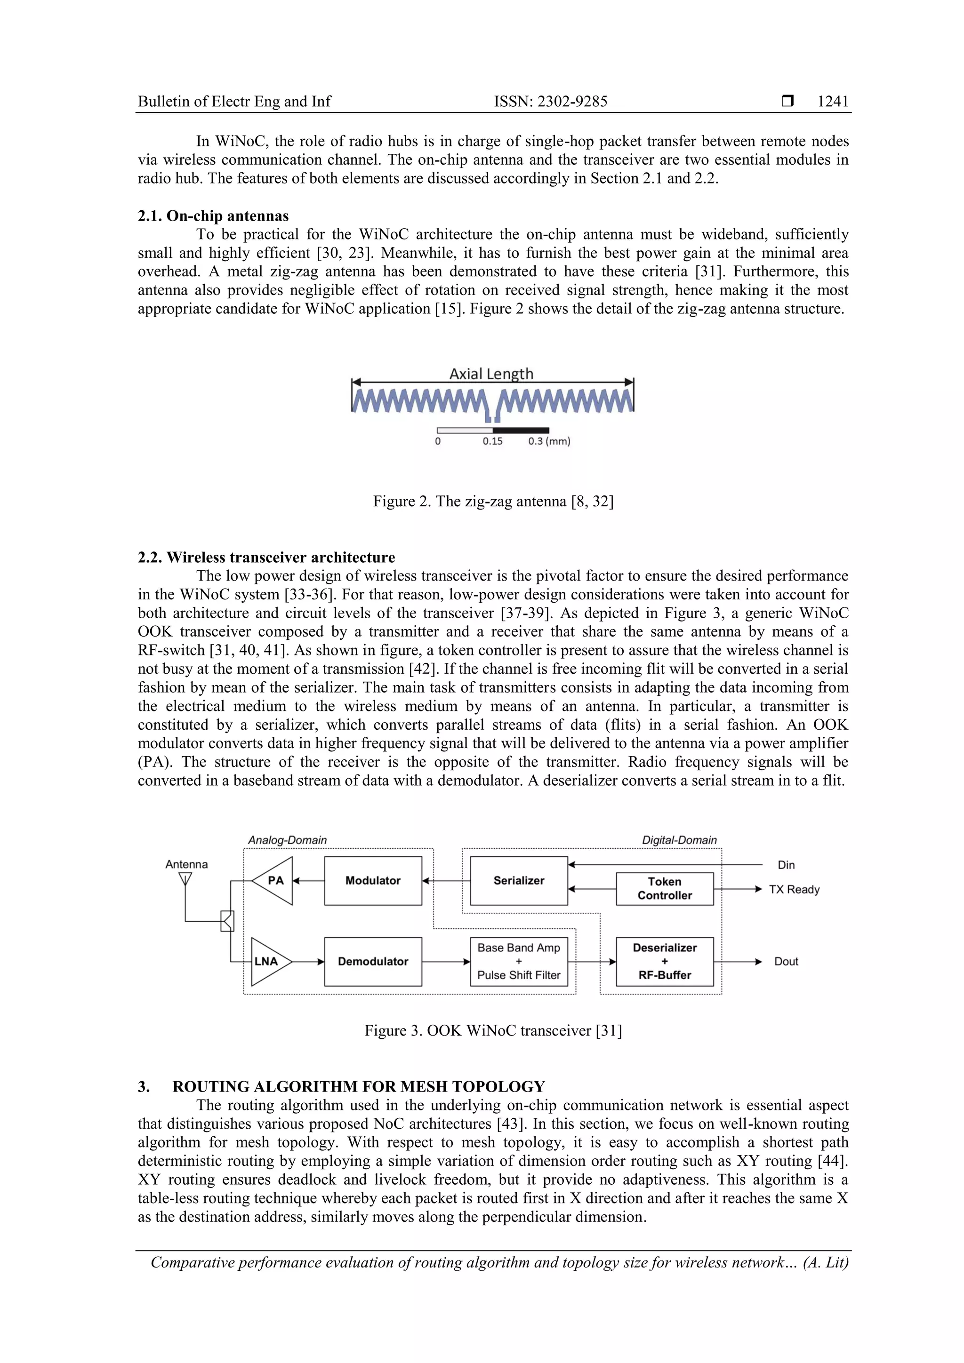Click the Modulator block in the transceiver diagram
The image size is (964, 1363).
(373, 880)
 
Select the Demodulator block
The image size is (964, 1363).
(373, 961)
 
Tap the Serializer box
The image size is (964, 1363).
(519, 880)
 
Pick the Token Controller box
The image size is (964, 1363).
(665, 889)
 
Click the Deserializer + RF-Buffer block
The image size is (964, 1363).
(665, 961)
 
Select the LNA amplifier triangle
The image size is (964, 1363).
(268, 961)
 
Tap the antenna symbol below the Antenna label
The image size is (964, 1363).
(185, 878)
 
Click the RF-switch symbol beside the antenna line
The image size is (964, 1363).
(227, 921)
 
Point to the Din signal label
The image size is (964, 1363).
(786, 865)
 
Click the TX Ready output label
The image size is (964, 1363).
(794, 889)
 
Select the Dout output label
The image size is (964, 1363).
(786, 961)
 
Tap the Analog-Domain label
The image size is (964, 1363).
(288, 840)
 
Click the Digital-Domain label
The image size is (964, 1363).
(679, 840)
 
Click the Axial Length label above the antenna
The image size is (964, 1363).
(491, 374)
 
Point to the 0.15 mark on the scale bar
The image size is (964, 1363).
(492, 441)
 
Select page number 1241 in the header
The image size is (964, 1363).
(833, 102)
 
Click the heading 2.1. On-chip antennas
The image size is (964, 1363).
(213, 216)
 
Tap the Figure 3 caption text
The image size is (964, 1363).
(493, 1030)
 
